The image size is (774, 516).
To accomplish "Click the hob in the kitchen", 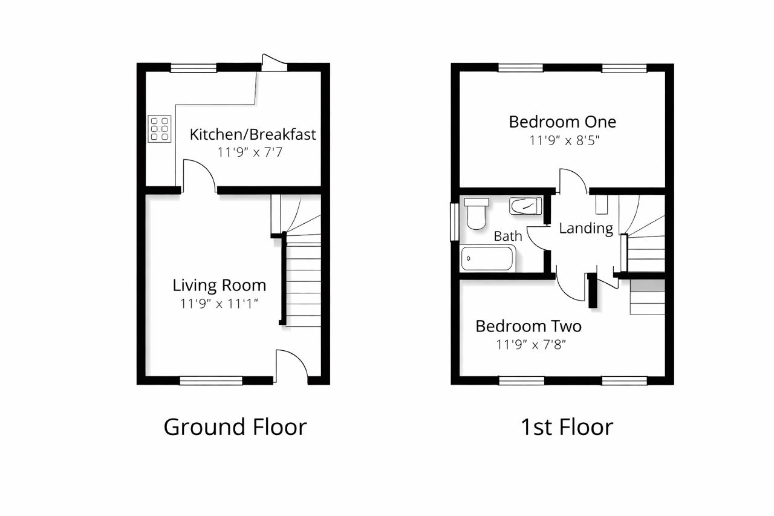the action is tap(159, 129).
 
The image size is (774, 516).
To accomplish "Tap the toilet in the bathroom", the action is tap(476, 214).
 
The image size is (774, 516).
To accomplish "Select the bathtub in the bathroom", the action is tap(488, 258).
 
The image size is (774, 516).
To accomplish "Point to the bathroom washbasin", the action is tap(525, 206).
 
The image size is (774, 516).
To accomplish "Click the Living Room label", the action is tap(220, 286).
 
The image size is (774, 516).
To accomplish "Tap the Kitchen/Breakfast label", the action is tap(253, 134).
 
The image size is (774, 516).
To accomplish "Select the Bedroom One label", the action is tap(562, 122).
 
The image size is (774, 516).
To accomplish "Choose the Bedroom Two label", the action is tap(528, 326).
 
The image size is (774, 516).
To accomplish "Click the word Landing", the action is tap(586, 229).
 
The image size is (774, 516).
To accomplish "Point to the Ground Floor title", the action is tap(235, 428).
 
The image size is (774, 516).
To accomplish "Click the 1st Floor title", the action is tap(567, 427).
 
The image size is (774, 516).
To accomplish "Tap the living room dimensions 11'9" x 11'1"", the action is tap(219, 304).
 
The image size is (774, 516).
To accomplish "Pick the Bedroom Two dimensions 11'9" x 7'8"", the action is tap(531, 345).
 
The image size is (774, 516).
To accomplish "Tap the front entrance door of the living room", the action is tap(291, 367).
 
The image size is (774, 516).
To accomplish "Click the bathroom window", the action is tap(454, 222).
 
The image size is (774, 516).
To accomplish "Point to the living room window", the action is tap(211, 381).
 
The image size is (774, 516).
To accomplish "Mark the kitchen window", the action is tap(193, 68).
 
